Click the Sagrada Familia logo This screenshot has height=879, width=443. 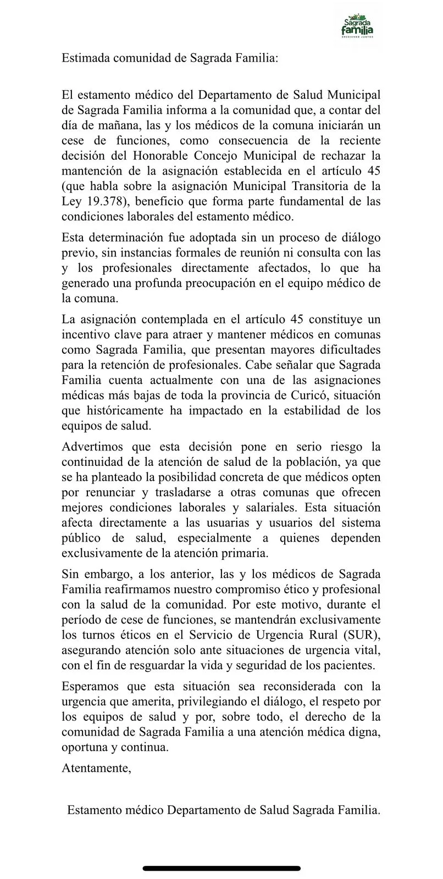point(358,27)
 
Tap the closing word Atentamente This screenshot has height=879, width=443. point(97,768)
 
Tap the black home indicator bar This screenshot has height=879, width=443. point(221,868)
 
